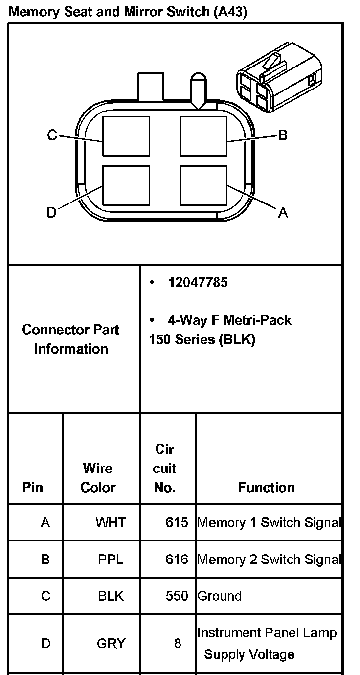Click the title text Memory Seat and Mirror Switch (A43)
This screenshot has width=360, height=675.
(128, 12)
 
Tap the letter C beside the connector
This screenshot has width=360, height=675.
(52, 135)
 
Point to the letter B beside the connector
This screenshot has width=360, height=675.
(282, 135)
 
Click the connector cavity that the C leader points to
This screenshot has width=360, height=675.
(126, 136)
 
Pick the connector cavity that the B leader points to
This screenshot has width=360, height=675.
(203, 136)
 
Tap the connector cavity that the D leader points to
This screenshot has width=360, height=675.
(126, 185)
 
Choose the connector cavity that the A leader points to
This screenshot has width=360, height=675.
(203, 185)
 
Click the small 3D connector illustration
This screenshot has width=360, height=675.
(279, 81)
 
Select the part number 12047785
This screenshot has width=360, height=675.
(198, 283)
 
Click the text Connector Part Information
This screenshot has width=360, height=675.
(71, 339)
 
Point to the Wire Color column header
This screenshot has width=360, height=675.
(98, 478)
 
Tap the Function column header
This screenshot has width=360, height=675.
(267, 487)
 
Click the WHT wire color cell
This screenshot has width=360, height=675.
(111, 522)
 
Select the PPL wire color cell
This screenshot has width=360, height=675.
(111, 559)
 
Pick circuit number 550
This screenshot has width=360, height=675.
(177, 596)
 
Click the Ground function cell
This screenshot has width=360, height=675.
(219, 596)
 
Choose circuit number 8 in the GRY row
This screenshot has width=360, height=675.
(178, 643)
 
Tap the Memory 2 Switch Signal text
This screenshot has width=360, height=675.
(269, 559)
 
